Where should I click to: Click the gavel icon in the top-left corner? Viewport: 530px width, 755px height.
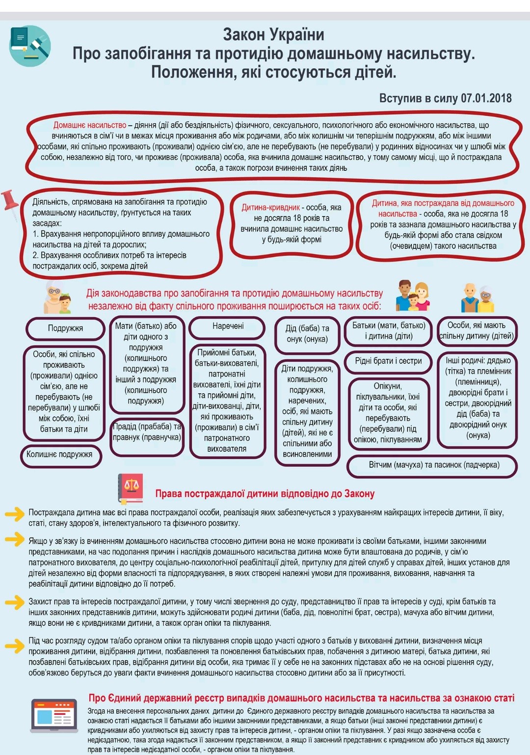30,46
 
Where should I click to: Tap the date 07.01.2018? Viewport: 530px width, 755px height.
485,98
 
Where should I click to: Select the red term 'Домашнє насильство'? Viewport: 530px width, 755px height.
90,125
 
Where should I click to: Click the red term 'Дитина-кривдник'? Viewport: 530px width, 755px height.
270,207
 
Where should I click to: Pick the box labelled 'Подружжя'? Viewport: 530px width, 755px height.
65,328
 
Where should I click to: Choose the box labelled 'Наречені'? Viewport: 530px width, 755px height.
228,326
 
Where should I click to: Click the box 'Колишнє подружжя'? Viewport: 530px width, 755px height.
59,455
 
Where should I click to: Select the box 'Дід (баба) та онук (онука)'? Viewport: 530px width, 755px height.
307,334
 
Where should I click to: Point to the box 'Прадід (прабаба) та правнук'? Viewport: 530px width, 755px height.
147,432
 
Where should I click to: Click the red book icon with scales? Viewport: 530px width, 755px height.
130,489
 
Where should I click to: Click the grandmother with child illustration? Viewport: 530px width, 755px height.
57,297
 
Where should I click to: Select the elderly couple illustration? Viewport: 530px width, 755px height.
477,297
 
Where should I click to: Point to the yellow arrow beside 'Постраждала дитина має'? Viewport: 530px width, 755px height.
15,514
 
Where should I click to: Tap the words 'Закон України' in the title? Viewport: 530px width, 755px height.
273,34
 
